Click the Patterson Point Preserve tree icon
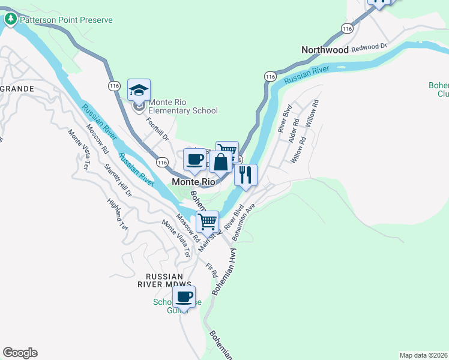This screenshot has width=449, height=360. tap(11, 20)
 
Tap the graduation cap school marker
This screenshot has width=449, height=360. tap(139, 91)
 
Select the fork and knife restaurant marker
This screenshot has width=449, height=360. tap(246, 175)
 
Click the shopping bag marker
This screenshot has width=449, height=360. tap(220, 162)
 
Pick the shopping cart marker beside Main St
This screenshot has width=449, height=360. tap(207, 221)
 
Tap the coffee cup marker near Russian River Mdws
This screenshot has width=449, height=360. tap(184, 296)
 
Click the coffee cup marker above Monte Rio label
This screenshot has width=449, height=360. tap(194, 160)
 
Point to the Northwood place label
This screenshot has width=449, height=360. tap(325, 50)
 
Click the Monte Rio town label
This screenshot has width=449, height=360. tap(193, 181)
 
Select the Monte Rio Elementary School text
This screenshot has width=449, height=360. tap(183, 106)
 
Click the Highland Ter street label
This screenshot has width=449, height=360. tap(118, 215)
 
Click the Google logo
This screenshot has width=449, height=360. tap(20, 353)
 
